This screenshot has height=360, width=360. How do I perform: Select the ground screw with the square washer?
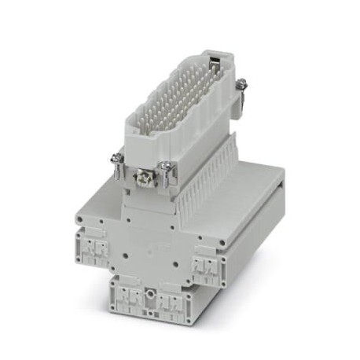coord(144,179)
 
